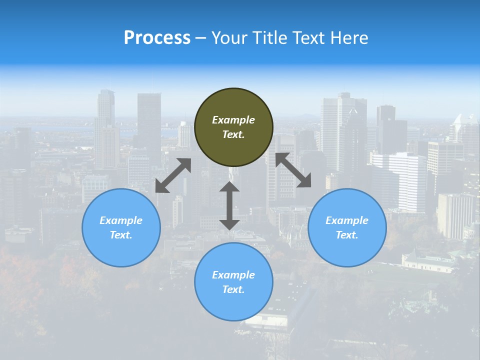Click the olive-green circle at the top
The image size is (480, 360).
pyautogui.click(x=233, y=127)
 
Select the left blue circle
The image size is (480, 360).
pyautogui.click(x=121, y=227)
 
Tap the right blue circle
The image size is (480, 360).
pyautogui.click(x=347, y=227)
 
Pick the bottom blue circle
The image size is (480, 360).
pyautogui.click(x=233, y=282)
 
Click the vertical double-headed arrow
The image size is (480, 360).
pyautogui.click(x=229, y=205)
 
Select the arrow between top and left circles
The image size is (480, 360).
pyautogui.click(x=173, y=175)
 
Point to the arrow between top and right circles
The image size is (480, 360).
pyautogui.click(x=293, y=170)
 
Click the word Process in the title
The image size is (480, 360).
pyautogui.click(x=157, y=37)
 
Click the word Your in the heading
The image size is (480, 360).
pyautogui.click(x=228, y=37)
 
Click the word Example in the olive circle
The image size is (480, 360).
pyautogui.click(x=233, y=120)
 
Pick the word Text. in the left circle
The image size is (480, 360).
pyautogui.click(x=121, y=235)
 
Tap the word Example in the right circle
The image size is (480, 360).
pyautogui.click(x=347, y=220)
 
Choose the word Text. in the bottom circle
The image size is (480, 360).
pyautogui.click(x=233, y=289)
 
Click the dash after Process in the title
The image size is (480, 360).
pyautogui.click(x=200, y=38)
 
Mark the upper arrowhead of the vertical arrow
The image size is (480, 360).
pyautogui.click(x=229, y=187)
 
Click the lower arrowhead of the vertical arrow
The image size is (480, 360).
pyautogui.click(x=229, y=224)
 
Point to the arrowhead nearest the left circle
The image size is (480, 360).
pyautogui.click(x=161, y=187)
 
